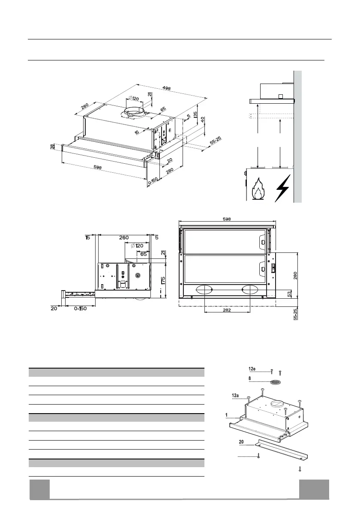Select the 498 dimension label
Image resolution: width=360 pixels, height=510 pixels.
pos(166,89)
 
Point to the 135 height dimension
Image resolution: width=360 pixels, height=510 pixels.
pos(195,115)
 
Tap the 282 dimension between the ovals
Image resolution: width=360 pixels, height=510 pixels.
pos(227,310)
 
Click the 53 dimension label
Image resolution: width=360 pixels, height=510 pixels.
pos(290,294)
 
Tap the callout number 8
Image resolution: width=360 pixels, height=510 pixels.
pos(250,378)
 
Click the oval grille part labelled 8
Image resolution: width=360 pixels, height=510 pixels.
pos(276,381)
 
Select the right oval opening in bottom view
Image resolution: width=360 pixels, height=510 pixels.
pos(250,290)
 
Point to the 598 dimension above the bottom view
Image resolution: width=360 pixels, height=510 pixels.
pos(227,219)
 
